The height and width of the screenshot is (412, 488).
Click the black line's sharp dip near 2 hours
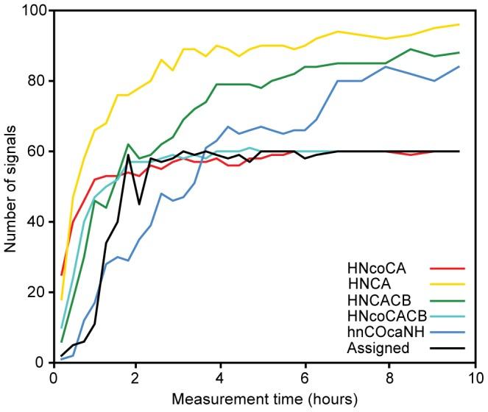138,204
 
